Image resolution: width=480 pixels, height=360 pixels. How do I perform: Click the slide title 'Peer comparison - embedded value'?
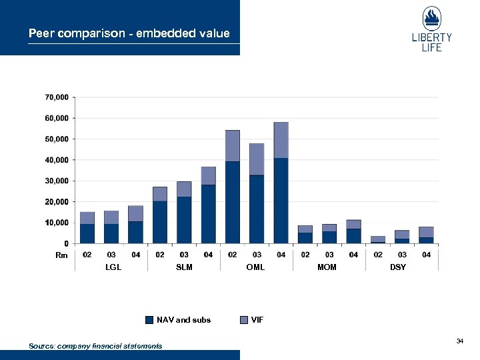tap(129, 33)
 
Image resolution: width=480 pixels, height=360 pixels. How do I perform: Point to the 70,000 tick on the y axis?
tap(57, 97)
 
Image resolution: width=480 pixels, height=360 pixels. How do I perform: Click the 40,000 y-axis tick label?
tap(57, 160)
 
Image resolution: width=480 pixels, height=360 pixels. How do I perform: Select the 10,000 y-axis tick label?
tap(57, 223)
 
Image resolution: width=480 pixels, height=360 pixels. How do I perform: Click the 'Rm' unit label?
tap(61, 255)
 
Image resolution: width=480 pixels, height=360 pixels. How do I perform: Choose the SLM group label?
tap(184, 267)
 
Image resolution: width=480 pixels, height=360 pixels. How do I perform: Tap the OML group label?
tap(257, 267)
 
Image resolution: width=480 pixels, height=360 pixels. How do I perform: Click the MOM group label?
tap(327, 267)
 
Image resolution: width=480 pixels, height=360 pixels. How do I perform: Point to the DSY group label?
tap(398, 267)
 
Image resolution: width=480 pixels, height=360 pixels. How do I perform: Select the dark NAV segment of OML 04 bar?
tap(281, 200)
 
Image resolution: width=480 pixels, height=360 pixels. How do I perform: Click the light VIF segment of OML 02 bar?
tap(233, 145)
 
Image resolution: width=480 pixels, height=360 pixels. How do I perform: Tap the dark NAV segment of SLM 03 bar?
tap(184, 220)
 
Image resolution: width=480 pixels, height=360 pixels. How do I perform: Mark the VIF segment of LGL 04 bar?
tap(135, 213)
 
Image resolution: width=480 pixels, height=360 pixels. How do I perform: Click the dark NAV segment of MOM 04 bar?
tap(353, 236)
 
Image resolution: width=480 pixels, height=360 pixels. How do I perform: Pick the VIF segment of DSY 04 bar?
tap(426, 232)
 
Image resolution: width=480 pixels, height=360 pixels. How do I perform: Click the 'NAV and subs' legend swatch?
tap(149, 320)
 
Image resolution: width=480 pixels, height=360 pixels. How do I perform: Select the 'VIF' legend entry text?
tap(257, 320)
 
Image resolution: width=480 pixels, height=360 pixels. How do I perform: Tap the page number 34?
tap(459, 341)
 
